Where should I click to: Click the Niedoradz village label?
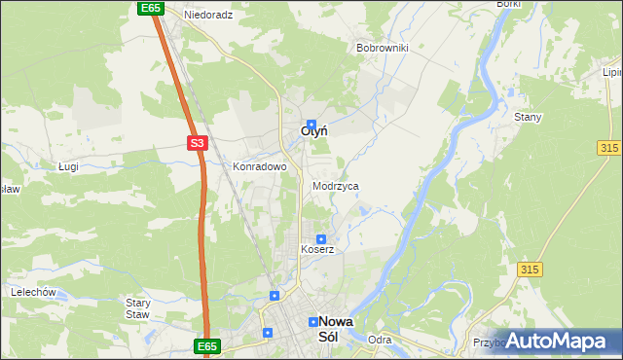(209, 16)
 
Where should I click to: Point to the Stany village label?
(528, 117)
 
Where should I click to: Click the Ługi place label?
(68, 166)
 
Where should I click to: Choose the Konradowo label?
(259, 166)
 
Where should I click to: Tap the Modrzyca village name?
(336, 186)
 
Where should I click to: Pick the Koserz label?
(317, 249)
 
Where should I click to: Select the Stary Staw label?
(138, 308)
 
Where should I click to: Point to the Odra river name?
(380, 340)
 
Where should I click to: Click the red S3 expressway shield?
(198, 143)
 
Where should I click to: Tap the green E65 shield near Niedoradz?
(149, 8)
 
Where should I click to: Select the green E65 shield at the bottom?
(206, 345)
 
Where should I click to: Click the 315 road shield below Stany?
(610, 146)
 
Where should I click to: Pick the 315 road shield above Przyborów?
(530, 269)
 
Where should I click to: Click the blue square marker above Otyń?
(311, 112)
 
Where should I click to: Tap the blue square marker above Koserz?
(320, 238)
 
